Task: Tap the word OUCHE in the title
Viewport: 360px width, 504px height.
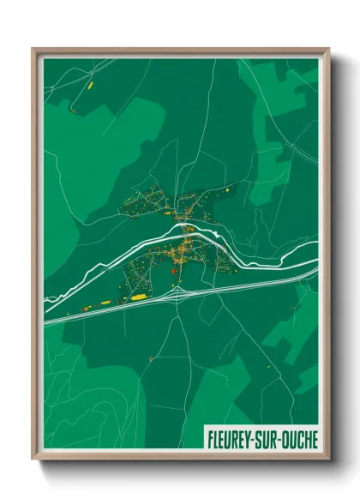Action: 298,438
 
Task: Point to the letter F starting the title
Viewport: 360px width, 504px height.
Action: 210,438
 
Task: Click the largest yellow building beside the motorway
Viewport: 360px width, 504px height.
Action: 138,296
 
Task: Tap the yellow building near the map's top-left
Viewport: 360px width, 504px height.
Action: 87,86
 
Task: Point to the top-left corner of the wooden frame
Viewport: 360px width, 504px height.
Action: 33,49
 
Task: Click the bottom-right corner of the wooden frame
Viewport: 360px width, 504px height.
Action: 328,461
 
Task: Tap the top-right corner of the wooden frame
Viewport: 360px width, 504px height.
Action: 328,49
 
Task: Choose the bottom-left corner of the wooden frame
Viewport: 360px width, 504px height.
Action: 33,461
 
